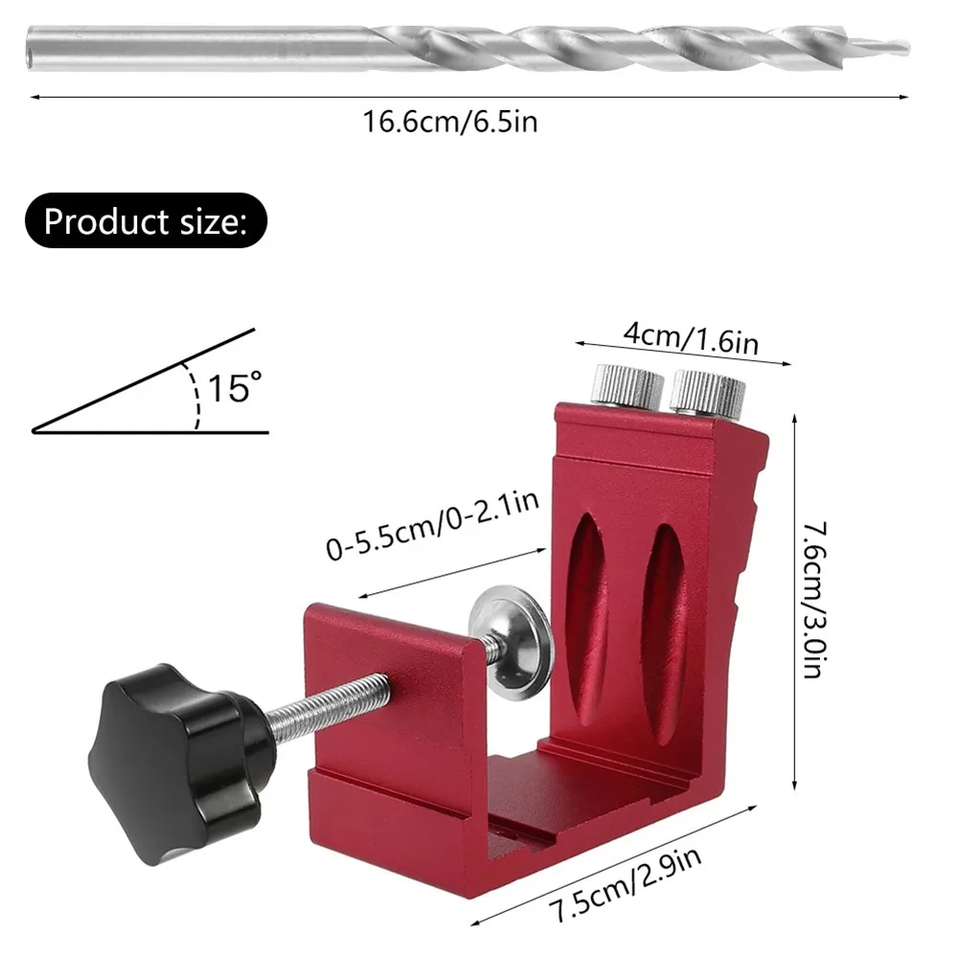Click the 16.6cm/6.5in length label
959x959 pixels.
[x=450, y=122]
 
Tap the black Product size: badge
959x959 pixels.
[x=147, y=220]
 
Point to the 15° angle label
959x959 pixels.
[x=235, y=388]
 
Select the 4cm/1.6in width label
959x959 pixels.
[x=691, y=338]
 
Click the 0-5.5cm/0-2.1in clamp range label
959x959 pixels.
[x=433, y=525]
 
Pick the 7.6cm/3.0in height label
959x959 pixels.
[x=815, y=600]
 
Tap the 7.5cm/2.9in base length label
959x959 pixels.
[x=626, y=883]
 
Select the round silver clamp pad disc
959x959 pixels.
[x=512, y=641]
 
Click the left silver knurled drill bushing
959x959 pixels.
[x=627, y=386]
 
